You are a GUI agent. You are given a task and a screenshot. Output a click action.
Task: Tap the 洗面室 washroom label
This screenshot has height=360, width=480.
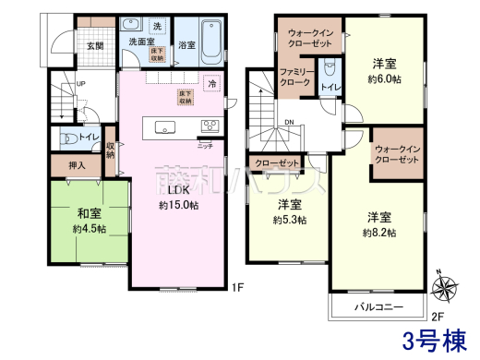pyautogui.click(x=139, y=42)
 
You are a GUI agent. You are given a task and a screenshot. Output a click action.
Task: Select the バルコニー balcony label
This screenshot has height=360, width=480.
pyautogui.click(x=378, y=306)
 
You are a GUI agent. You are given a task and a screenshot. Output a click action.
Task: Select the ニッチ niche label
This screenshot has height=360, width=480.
pyautogui.click(x=204, y=145)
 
